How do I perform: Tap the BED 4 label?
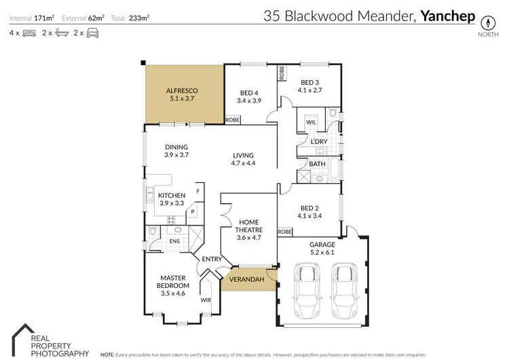pos(249,93)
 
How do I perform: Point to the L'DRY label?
pos(319,141)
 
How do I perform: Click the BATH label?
pos(317,164)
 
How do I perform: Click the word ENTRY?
pos(212,259)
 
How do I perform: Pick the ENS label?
pos(174,240)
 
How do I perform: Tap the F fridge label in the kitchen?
pos(198,192)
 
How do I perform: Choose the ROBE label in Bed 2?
pos(285,232)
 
